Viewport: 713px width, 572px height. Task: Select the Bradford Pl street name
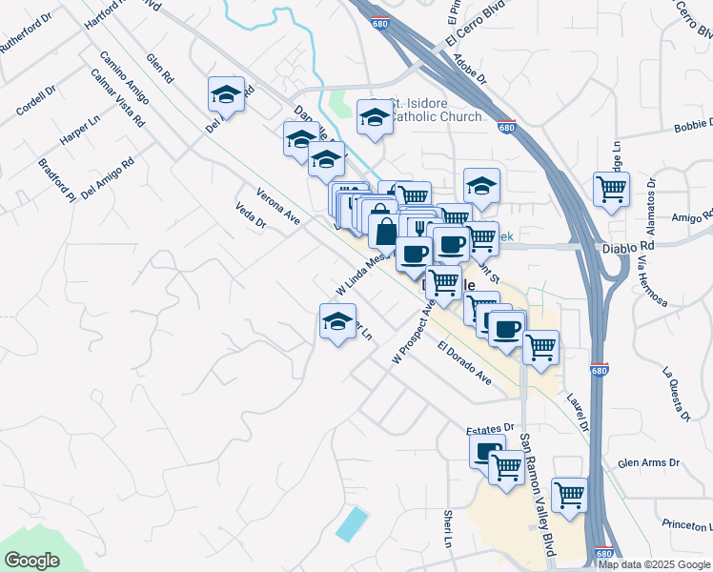(x=56, y=180)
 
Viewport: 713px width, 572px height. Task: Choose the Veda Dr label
(x=250, y=214)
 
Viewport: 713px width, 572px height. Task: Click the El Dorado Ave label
(x=465, y=362)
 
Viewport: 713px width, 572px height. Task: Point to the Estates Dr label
(x=490, y=428)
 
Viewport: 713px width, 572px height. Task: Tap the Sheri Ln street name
(x=448, y=529)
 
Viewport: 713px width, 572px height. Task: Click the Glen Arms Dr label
(x=648, y=463)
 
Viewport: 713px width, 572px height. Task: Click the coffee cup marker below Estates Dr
(x=487, y=450)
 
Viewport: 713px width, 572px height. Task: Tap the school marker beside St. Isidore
(x=375, y=117)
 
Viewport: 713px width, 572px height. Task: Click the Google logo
(x=31, y=561)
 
